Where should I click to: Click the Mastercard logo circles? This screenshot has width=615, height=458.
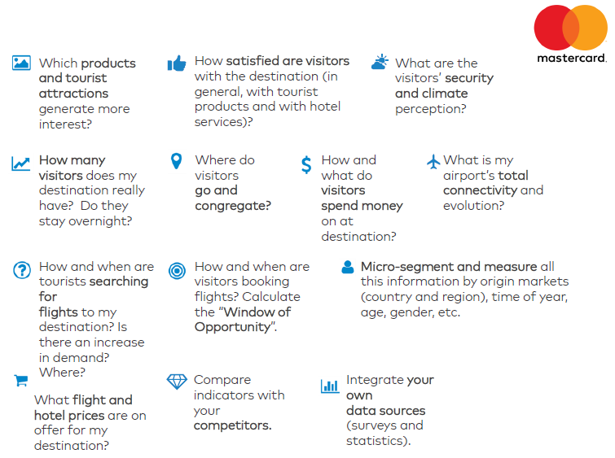point(571,28)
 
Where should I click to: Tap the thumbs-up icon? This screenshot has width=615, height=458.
point(177,63)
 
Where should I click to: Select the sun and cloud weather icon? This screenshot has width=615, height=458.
point(380,62)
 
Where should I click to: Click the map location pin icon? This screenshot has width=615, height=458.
point(177,160)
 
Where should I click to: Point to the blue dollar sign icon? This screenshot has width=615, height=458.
point(306,164)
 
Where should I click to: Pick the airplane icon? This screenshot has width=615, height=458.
point(433,161)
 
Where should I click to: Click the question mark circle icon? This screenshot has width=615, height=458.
point(22,270)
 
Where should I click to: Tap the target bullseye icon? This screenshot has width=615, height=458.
point(177,271)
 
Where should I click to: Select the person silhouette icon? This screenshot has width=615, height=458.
point(348,267)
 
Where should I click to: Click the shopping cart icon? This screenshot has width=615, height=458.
point(21,380)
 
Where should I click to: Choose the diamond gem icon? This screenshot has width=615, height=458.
point(177,382)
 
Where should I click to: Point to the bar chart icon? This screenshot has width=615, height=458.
point(330,386)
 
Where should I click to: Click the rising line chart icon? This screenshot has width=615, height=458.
point(21,164)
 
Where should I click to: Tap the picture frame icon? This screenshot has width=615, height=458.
point(21,63)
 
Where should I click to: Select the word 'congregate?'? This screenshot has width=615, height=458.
point(233,206)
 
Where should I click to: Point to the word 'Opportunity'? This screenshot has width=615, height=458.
point(233,328)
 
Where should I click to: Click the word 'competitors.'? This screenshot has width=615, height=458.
point(233,425)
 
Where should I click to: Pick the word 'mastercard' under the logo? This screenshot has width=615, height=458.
point(571,59)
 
